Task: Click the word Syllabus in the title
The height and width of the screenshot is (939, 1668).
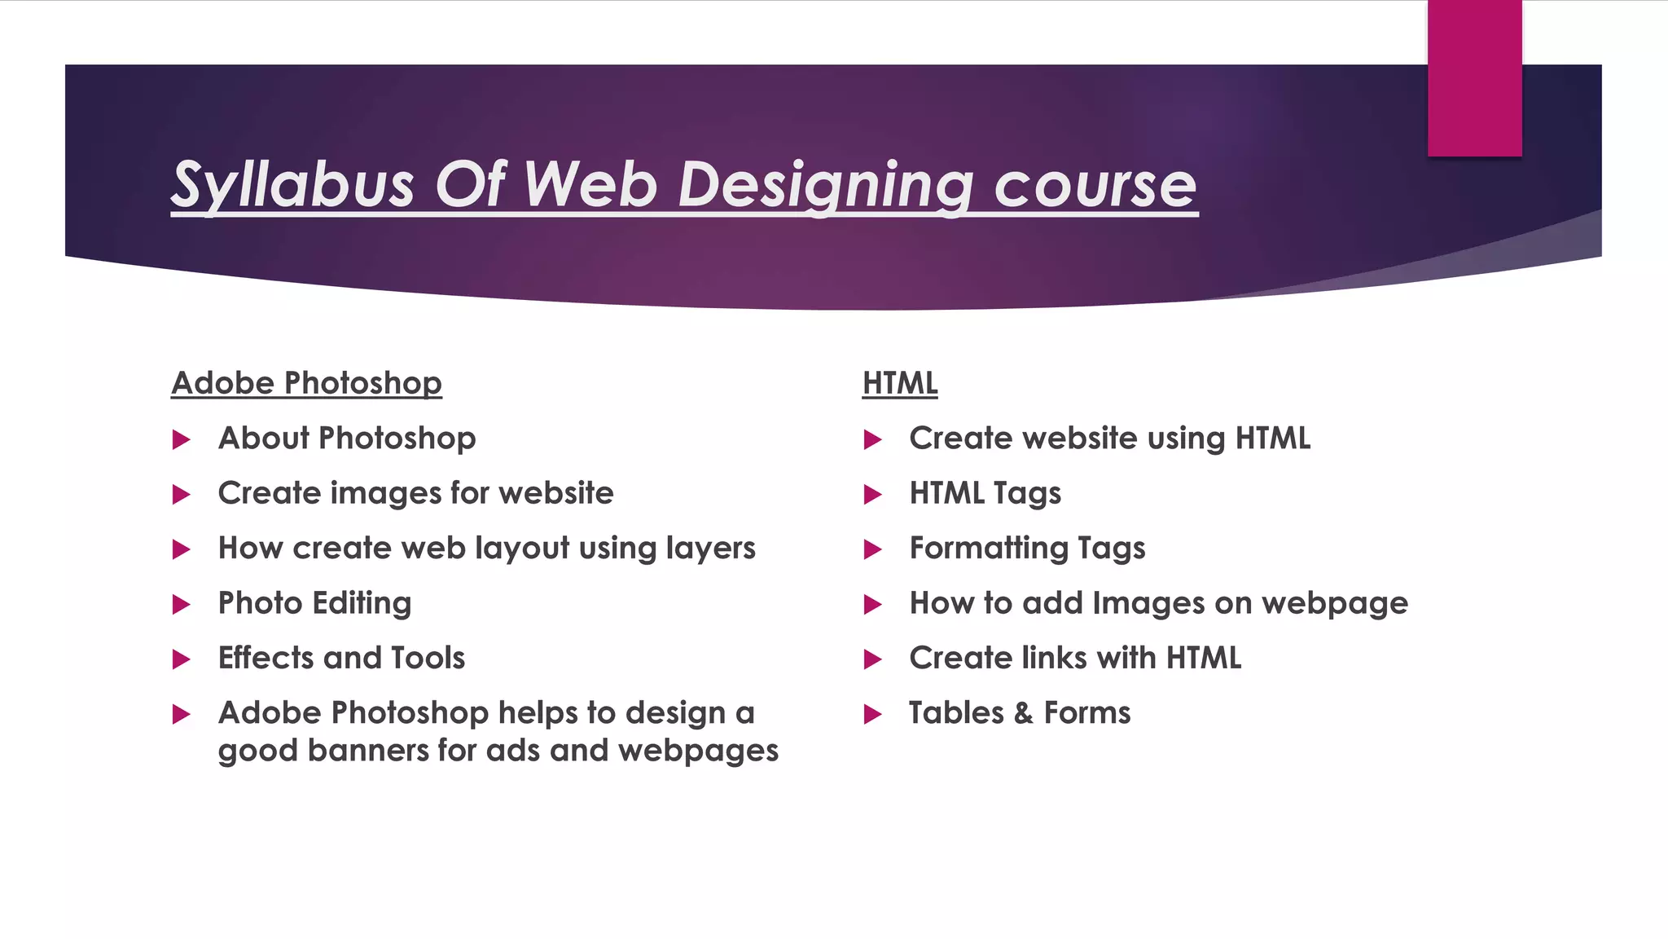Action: pos(293,185)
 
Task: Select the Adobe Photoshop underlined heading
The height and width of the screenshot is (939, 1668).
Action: pos(306,383)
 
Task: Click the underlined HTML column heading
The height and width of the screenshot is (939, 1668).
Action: pos(900,383)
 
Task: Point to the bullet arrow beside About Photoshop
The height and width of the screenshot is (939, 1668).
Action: pos(182,440)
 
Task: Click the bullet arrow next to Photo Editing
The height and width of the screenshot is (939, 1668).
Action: pos(182,605)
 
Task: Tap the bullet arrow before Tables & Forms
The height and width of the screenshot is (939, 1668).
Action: pos(873,715)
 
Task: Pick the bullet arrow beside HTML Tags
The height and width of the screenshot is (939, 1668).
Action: pos(873,495)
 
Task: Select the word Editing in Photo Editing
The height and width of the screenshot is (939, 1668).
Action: pos(362,604)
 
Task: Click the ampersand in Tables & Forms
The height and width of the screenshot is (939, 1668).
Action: pos(1023,714)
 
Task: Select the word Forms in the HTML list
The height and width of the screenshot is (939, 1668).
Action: pos(1087,713)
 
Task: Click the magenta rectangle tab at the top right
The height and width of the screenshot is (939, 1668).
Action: pos(1474,77)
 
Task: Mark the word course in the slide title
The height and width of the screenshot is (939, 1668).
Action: pos(1095,185)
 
